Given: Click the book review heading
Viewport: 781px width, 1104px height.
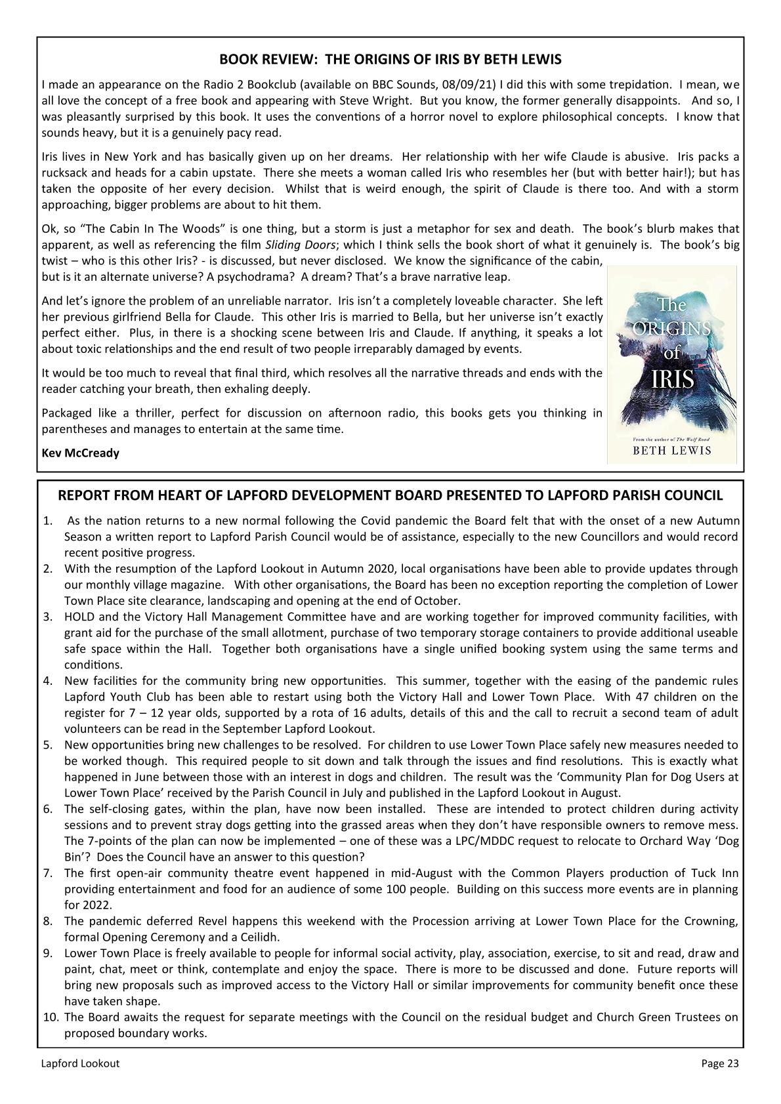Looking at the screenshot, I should tap(390, 60).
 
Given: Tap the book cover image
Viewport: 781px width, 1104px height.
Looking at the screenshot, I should tap(671, 365).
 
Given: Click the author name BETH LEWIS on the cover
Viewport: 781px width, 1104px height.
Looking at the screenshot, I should tap(671, 451).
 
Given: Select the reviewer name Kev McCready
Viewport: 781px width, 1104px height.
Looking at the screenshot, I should tap(80, 453).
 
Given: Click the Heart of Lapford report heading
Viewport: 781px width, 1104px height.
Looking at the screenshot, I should tap(390, 495).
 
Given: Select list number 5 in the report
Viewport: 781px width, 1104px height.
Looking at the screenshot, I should tap(48, 745).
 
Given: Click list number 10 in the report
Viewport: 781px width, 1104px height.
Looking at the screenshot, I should tap(51, 1017).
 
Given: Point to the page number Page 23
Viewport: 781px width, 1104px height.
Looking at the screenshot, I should tap(720, 1063).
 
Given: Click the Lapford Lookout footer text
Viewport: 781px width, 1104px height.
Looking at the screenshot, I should tap(80, 1063).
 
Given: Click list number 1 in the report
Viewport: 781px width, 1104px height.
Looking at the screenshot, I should tap(47, 521).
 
